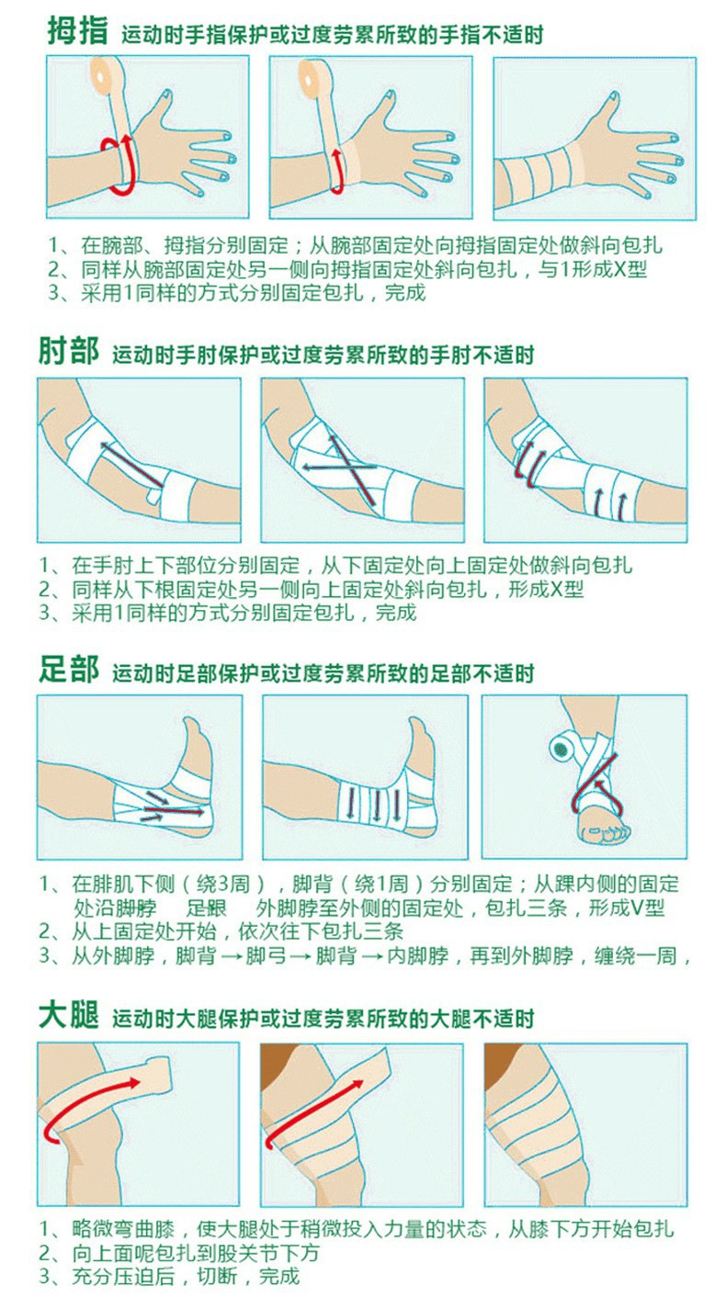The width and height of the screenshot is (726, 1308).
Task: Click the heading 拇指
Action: [x=78, y=31]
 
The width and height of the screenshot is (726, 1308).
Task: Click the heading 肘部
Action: [x=68, y=352]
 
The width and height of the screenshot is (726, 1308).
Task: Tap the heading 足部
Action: [x=68, y=671]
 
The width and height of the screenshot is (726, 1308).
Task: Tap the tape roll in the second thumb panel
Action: [x=318, y=76]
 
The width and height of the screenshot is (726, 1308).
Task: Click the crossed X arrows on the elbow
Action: [x=344, y=468]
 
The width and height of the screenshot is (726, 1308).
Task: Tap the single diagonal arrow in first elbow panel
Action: [x=132, y=464]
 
